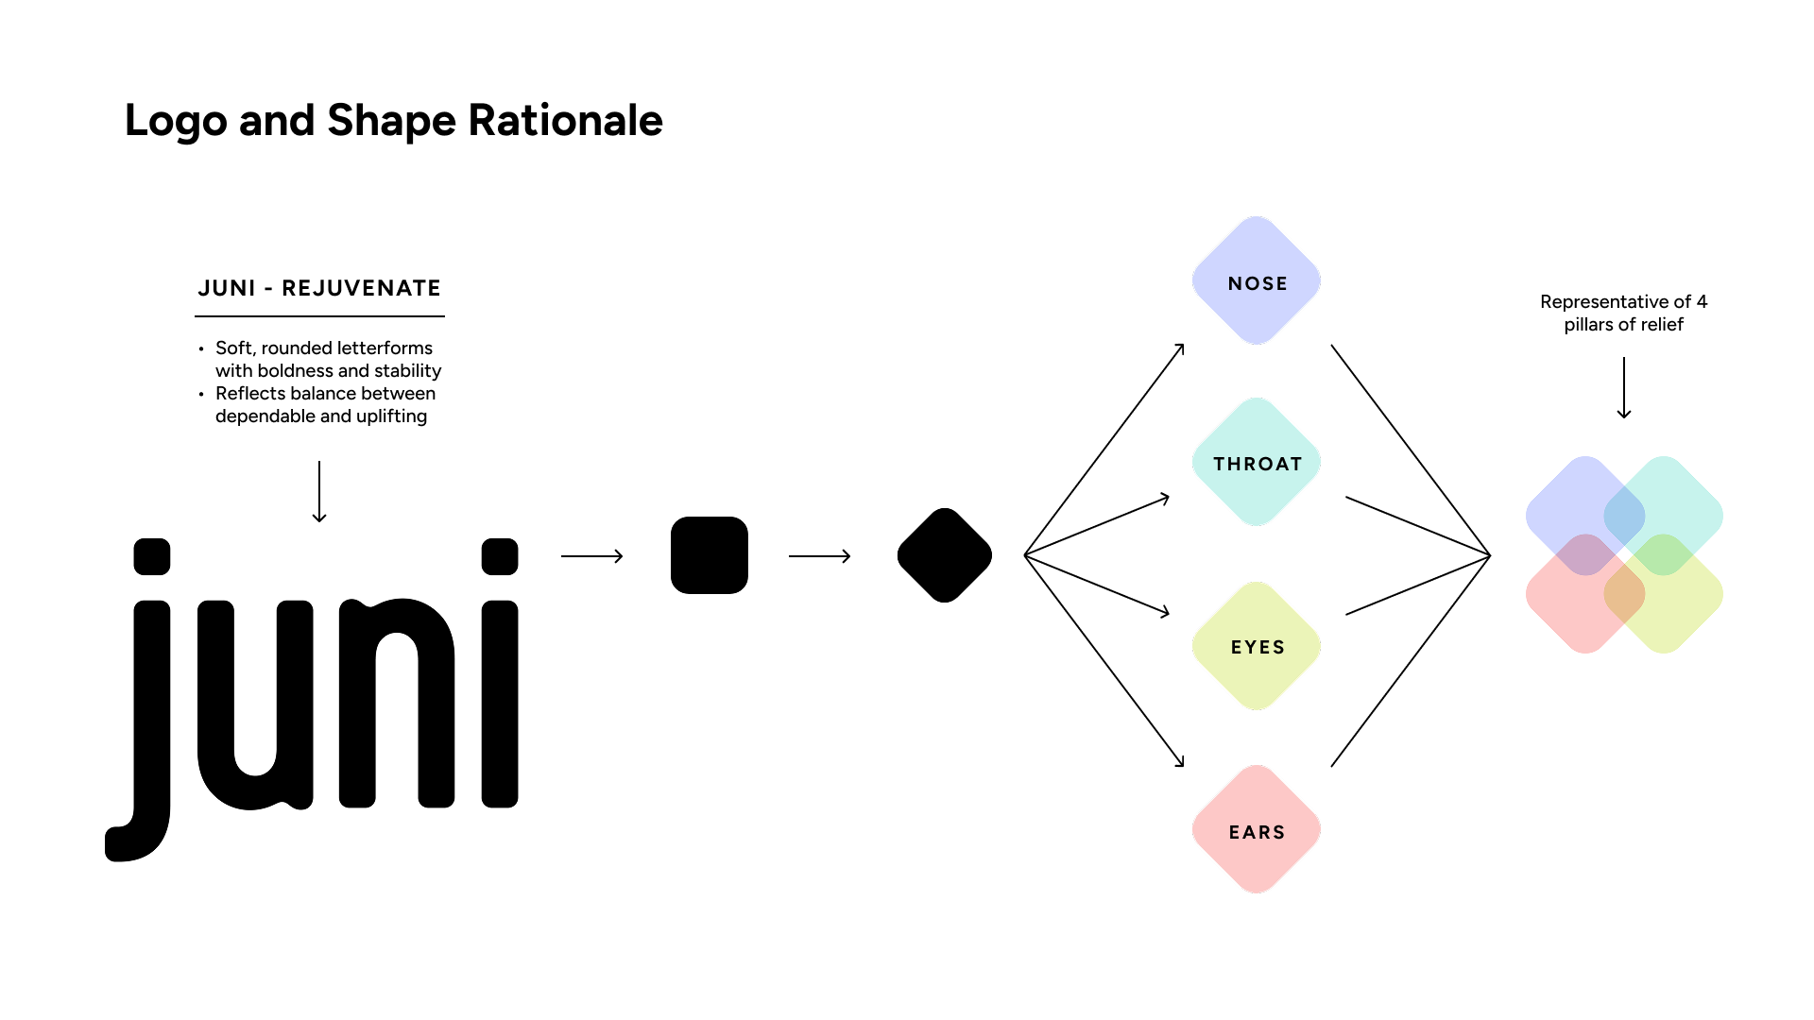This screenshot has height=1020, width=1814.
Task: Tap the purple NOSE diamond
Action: coord(1257,281)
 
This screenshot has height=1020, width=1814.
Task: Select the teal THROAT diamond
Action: coord(1257,463)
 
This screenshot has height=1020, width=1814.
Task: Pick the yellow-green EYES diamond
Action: coord(1257,646)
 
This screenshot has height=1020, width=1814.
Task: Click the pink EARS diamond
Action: coord(1257,830)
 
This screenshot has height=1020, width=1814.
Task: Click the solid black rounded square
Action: coord(709,555)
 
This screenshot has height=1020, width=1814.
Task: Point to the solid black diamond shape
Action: coord(944,555)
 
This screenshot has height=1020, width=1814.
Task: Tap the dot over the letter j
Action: coord(152,556)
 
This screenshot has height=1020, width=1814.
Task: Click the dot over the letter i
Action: coord(500,556)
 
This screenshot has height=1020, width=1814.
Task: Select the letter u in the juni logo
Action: coord(255,704)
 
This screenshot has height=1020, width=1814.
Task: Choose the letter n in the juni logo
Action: coord(397,704)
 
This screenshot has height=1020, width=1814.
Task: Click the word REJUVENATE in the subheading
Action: coord(361,288)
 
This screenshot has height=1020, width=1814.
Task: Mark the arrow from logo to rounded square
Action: coord(592,556)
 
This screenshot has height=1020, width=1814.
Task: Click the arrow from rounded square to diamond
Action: coord(820,556)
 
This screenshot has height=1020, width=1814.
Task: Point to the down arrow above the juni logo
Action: coord(319,491)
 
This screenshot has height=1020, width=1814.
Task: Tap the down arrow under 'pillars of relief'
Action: coord(1624,387)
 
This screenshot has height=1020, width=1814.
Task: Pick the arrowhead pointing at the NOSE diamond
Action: coord(1180,348)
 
